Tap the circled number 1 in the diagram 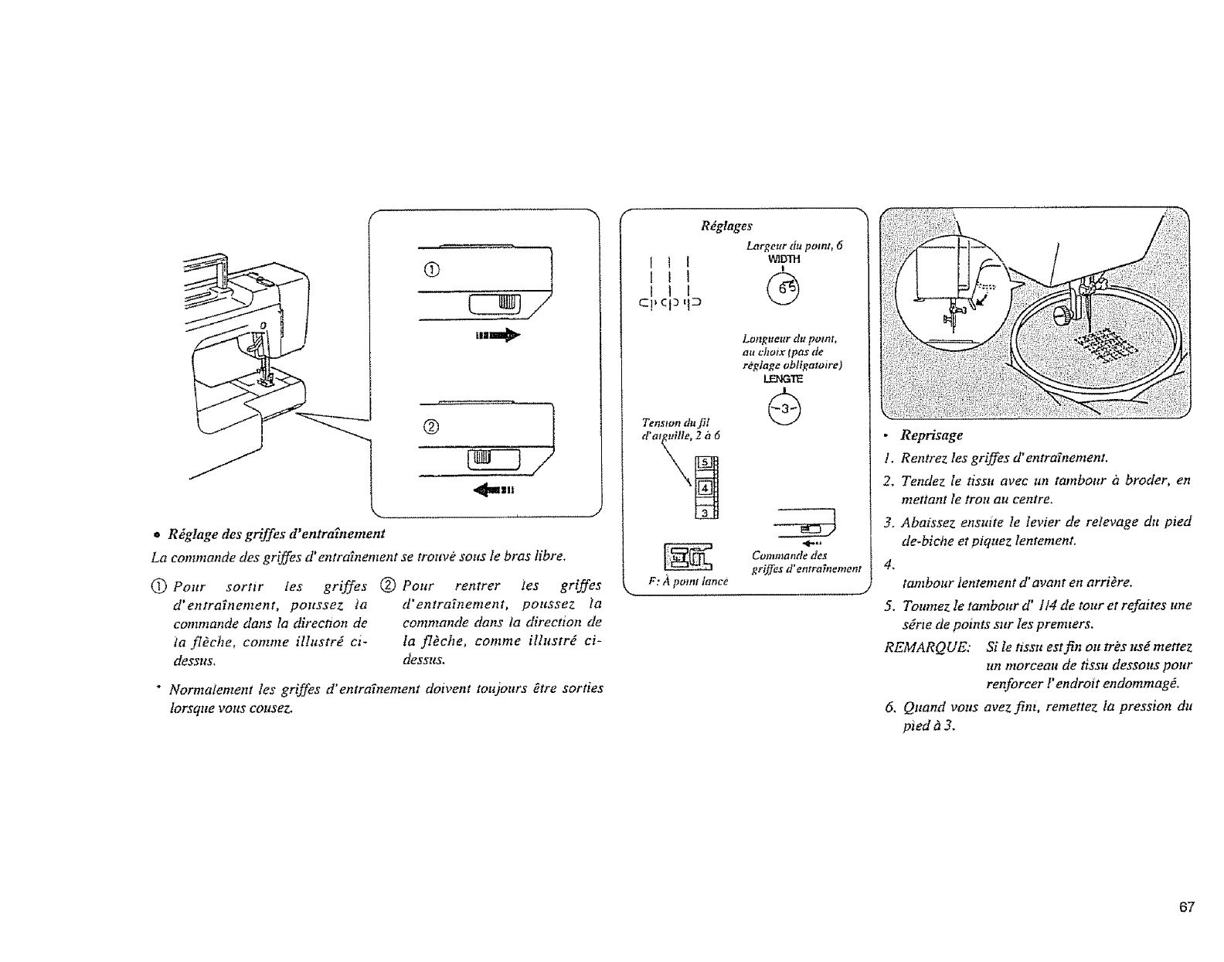pyautogui.click(x=431, y=268)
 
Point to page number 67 pyautogui.click(x=1188, y=907)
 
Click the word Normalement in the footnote pyautogui.click(x=204, y=688)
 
